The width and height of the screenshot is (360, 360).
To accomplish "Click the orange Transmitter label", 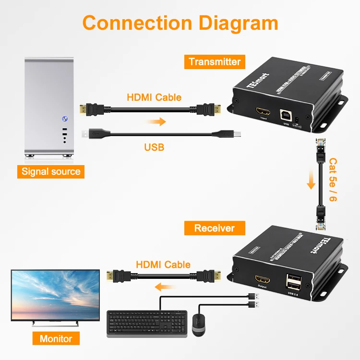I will coord(215,61).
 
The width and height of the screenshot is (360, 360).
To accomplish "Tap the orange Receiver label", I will coord(214,228).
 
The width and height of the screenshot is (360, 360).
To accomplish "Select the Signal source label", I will coord(51,171).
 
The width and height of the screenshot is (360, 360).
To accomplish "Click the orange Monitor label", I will coord(56,339).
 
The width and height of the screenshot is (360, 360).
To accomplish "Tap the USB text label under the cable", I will coord(154,147).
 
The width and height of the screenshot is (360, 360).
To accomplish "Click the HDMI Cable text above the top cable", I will coord(154,97).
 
